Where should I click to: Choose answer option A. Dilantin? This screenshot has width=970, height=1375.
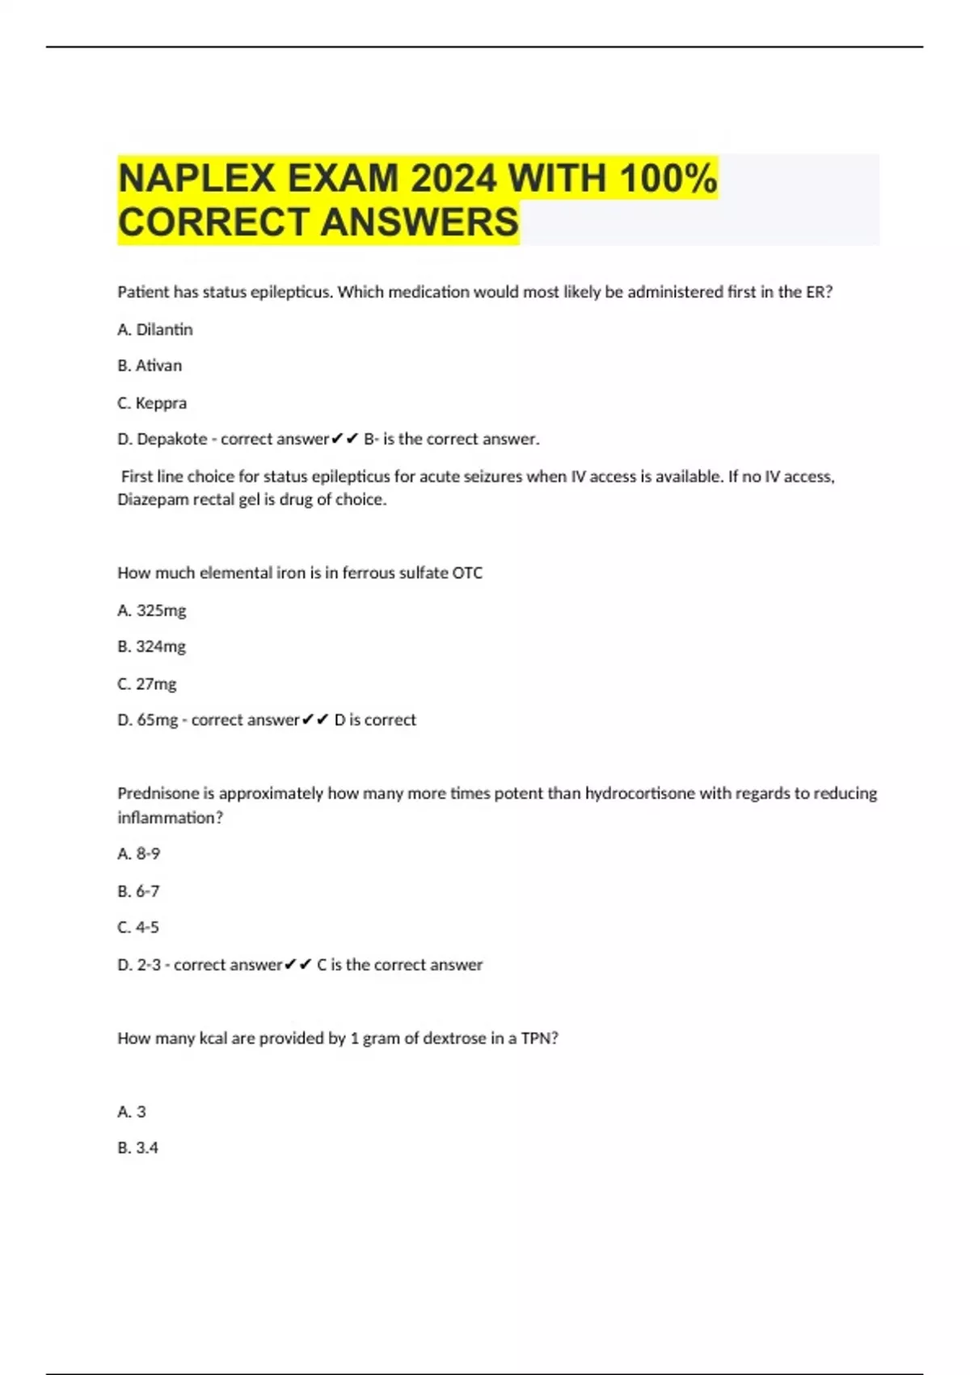155,329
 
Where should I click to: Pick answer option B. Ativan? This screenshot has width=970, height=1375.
150,366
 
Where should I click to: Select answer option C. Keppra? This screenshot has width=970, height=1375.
152,403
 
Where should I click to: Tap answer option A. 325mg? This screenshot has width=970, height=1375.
152,611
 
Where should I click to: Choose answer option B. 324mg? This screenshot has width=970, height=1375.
152,646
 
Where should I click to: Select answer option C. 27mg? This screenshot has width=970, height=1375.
147,683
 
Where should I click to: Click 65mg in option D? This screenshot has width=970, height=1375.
158,720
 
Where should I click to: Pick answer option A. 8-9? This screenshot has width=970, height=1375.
139,853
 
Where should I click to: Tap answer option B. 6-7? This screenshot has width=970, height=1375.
138,891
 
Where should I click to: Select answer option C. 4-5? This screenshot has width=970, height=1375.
138,927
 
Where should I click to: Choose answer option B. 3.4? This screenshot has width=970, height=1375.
138,1148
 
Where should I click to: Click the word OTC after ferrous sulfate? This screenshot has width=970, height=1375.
467,573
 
